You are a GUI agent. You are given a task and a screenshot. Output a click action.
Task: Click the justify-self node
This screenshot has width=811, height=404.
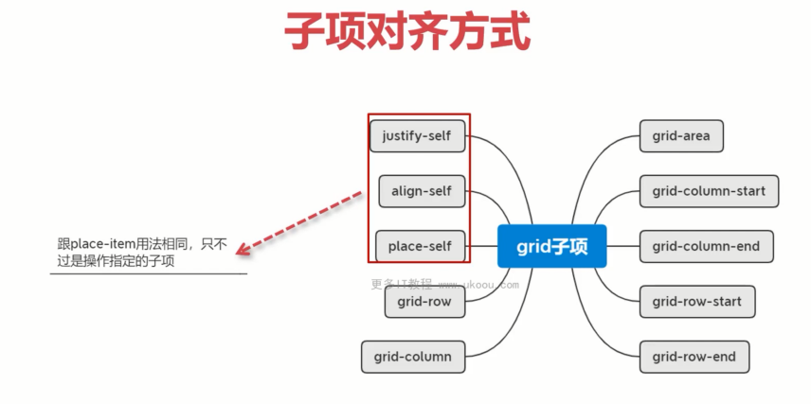[418, 136]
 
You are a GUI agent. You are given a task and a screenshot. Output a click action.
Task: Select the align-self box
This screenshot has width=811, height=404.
[422, 191]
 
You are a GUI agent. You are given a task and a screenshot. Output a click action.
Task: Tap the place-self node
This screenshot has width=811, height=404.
[420, 246]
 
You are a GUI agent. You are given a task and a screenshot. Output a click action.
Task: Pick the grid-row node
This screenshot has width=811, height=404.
[424, 302]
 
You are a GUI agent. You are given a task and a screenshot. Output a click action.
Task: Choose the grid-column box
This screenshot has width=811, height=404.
[413, 357]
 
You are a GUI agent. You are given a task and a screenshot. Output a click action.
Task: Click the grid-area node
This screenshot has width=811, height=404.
[681, 136]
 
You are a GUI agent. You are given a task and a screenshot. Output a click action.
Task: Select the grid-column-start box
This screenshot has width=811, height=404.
[709, 191]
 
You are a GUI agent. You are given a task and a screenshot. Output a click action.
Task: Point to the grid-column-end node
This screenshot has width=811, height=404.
[707, 246]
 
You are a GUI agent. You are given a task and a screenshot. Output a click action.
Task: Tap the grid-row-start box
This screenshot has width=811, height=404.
[697, 302]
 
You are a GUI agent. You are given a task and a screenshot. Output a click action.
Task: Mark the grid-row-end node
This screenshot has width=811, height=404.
[694, 357]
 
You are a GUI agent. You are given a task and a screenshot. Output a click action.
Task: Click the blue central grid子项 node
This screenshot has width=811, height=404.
[551, 246]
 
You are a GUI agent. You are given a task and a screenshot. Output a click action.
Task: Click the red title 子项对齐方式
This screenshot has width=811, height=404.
[407, 32]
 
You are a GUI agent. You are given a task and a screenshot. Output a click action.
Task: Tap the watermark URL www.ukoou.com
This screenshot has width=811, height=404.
[478, 285]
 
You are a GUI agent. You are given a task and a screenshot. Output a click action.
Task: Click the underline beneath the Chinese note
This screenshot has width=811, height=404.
[149, 273]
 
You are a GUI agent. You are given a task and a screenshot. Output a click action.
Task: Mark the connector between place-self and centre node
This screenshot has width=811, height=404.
[481, 246]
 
